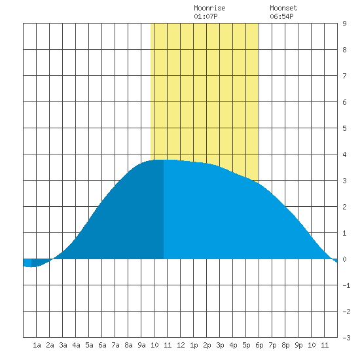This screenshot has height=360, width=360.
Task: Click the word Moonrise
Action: pos(209,8)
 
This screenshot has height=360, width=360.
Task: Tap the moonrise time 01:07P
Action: pos(206,16)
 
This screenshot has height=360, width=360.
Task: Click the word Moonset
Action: pos(283,8)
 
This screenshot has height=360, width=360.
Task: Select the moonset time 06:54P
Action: pos(281,16)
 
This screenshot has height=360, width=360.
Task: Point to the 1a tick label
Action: pos(37,345)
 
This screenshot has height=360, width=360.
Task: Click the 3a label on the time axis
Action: pos(63,345)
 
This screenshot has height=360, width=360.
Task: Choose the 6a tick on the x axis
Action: pos(102,345)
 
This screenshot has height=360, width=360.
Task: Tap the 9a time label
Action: pos(141,345)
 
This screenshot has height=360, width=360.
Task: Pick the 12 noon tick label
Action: pos(181,345)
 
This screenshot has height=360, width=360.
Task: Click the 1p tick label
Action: pos(194,345)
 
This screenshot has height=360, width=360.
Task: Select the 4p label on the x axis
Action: pos(233,345)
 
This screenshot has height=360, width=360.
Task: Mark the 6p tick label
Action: pos(259,345)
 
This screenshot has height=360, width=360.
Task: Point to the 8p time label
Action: pos(285,345)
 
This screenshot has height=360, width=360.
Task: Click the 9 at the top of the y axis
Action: pos(344,24)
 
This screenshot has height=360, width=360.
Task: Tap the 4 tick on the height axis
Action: pos(344,154)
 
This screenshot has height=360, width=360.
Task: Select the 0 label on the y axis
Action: pos(344,259)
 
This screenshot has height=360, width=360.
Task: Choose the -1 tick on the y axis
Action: pos(346,285)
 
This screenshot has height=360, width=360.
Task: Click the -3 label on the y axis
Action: pos(346,338)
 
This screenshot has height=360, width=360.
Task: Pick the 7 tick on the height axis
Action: pos(344,76)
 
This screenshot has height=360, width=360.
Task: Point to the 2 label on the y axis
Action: pos(344,207)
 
